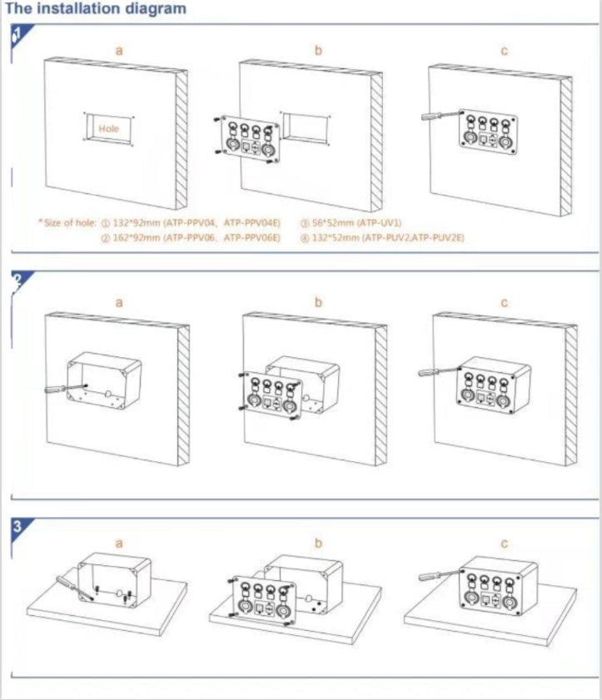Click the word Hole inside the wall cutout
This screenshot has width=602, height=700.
pos(109,129)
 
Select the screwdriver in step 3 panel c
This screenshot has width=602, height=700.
pos(433,576)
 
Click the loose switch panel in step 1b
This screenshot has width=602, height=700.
pos(248,141)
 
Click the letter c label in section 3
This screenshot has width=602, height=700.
pos(504,544)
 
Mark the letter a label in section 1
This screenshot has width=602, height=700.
pos(118,51)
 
